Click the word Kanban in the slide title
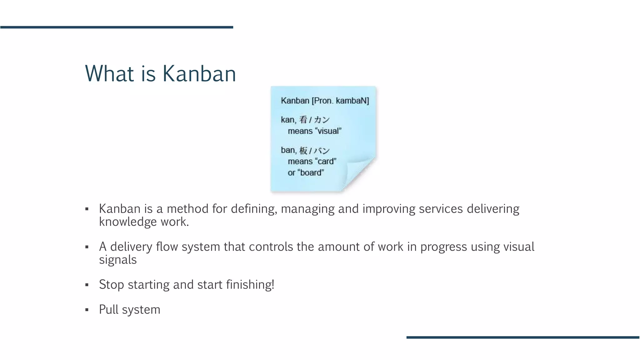click(x=199, y=74)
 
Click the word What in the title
click(x=110, y=74)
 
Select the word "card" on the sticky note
click(x=326, y=161)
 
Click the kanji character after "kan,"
click(x=303, y=120)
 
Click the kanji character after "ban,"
click(x=303, y=150)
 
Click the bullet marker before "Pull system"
click(x=87, y=310)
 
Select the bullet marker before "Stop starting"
click(x=87, y=285)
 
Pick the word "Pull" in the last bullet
click(x=108, y=309)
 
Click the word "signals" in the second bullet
click(x=118, y=260)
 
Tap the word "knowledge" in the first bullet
click(x=128, y=222)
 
